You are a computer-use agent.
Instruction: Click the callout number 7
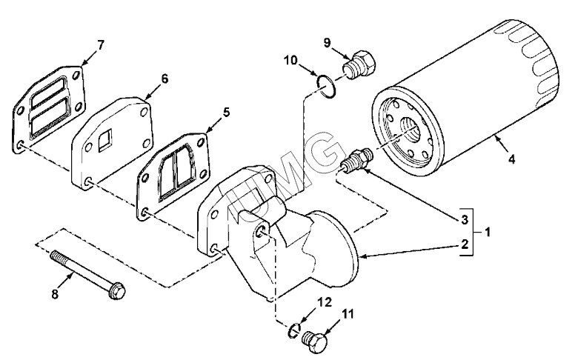coord(100,45)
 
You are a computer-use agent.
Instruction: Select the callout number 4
coord(511,159)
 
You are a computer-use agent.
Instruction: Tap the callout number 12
coord(325,302)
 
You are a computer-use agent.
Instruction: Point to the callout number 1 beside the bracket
coord(488,233)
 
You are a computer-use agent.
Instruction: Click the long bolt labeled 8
coord(88,273)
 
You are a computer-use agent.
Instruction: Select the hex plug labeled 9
coord(359,65)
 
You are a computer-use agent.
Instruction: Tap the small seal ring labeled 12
coord(294,330)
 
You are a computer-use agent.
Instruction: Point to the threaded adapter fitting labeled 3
coord(356,159)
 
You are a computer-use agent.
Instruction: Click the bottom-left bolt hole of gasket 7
coord(20,144)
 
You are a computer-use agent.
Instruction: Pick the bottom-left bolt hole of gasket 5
coord(144,213)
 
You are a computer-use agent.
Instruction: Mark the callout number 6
coord(164,79)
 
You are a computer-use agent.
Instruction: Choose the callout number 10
coord(290,60)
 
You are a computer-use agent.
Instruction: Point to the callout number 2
coord(465,244)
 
